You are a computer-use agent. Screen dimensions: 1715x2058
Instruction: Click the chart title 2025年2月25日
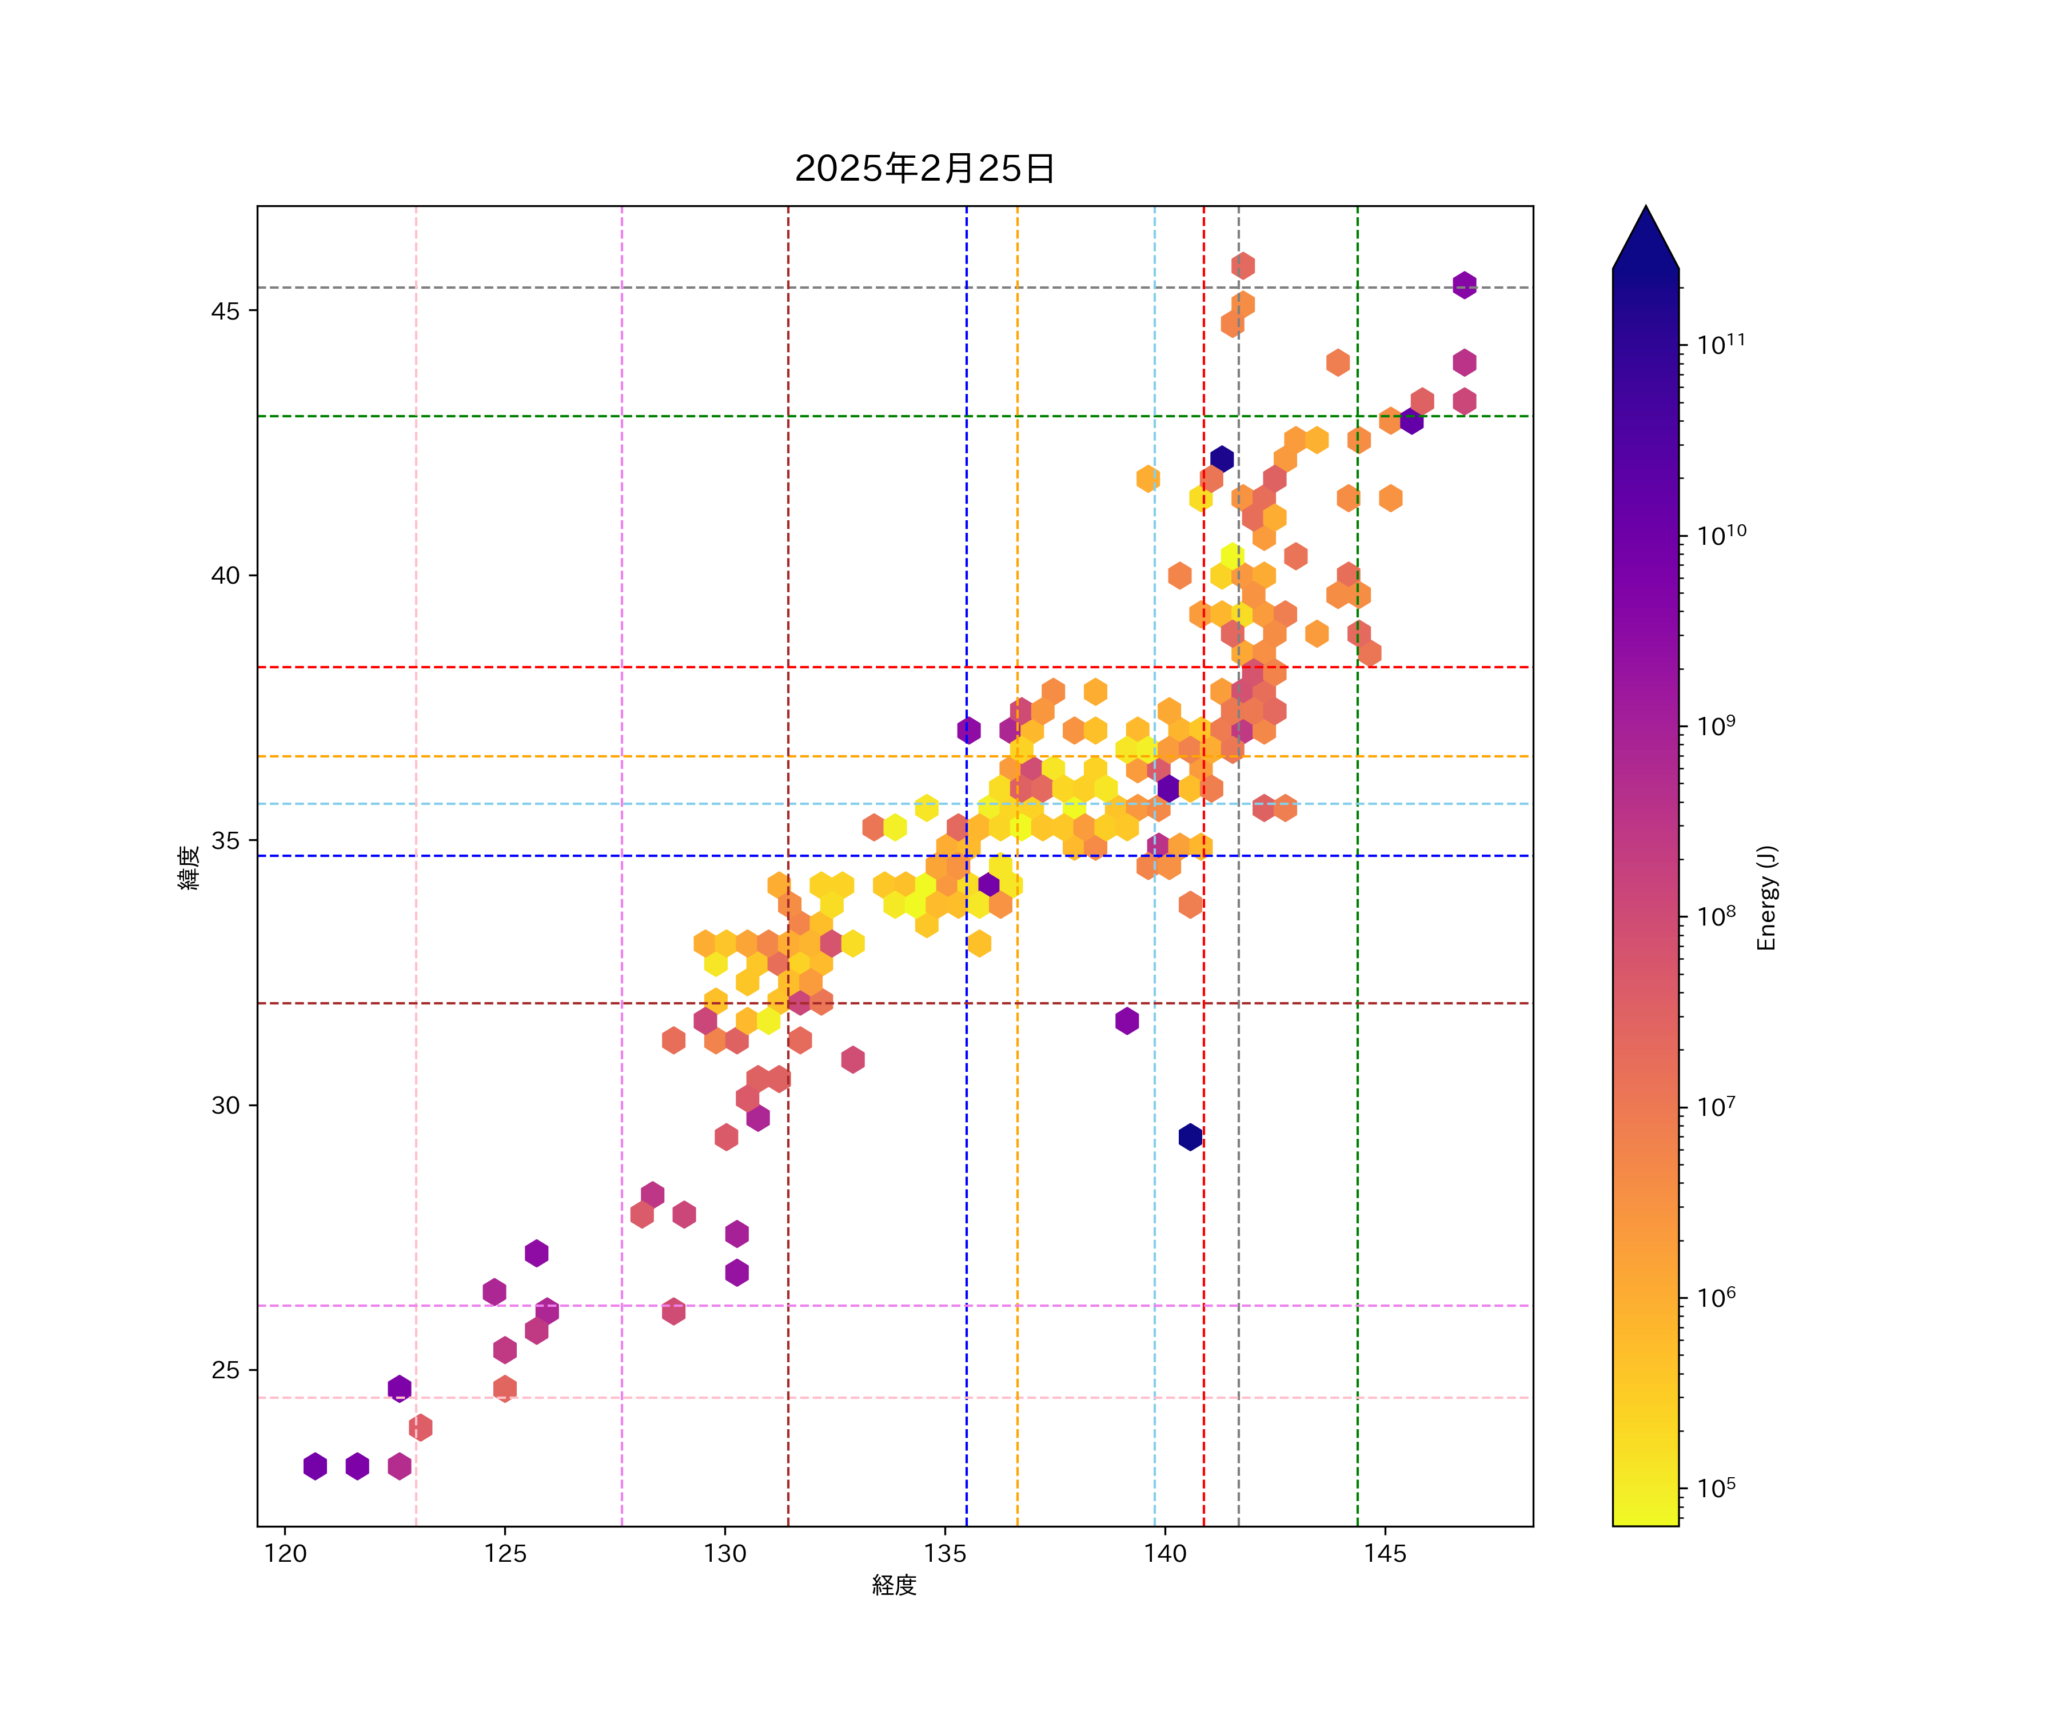tap(924, 169)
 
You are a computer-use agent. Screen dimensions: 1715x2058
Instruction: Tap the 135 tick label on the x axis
tap(945, 1553)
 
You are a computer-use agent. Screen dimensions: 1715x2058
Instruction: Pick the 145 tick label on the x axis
tap(1385, 1553)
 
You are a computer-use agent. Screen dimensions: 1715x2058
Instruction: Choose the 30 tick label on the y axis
tap(225, 1106)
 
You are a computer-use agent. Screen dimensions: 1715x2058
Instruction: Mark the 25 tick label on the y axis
tap(225, 1370)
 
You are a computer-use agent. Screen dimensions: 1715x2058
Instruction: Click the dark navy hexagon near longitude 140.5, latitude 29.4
tap(1190, 1137)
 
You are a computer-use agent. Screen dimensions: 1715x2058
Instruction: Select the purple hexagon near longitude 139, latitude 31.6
tap(1127, 1020)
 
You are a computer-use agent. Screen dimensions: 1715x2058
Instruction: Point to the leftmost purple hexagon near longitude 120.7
tap(314, 1466)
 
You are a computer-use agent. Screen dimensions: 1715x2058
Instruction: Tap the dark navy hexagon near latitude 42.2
tap(1221, 458)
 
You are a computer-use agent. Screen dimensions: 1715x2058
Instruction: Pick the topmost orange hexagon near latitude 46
tap(1243, 266)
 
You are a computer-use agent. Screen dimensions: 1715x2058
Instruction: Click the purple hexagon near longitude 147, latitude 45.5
tap(1464, 285)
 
